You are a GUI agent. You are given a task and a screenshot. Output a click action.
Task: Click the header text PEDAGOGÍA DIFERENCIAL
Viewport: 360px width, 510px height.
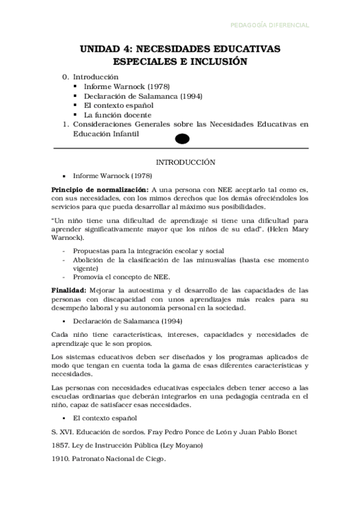click(270, 25)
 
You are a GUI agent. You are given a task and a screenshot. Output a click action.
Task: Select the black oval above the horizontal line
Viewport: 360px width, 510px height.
click(182, 139)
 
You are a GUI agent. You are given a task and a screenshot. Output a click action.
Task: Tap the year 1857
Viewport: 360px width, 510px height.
click(61, 445)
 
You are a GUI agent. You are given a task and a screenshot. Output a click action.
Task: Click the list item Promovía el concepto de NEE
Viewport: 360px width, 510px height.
click(121, 277)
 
